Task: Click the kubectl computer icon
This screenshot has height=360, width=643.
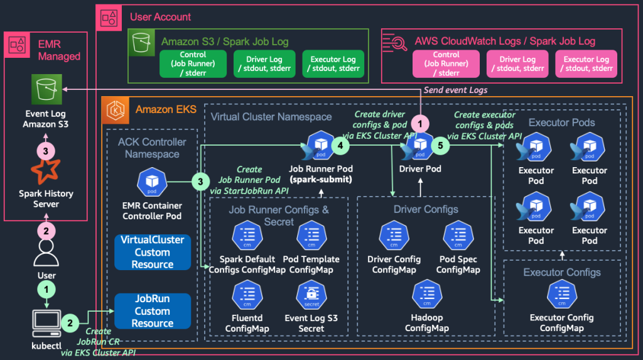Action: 46,322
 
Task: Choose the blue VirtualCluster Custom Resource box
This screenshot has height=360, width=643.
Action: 152,252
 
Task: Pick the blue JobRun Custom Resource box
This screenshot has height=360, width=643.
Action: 152,310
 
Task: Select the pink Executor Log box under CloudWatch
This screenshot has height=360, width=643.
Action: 586,64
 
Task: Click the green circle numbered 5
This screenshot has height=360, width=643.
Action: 440,145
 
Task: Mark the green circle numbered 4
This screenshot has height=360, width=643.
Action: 340,145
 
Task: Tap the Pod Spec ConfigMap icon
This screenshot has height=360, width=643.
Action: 458,236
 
